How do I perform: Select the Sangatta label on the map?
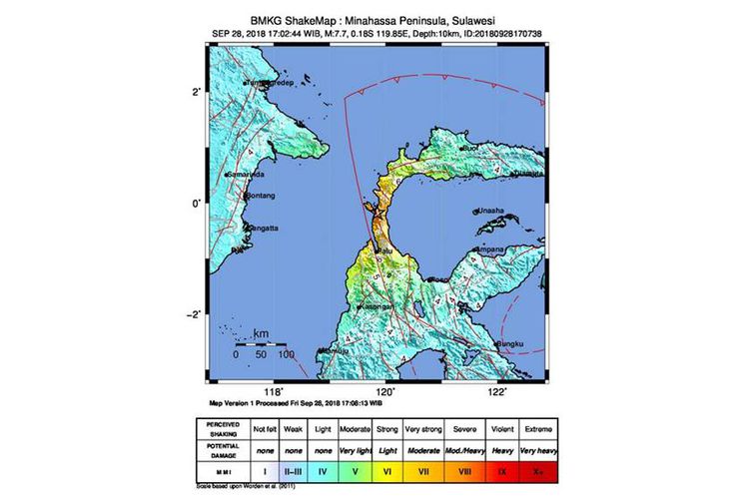(x=259, y=228)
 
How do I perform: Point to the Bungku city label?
(x=510, y=344)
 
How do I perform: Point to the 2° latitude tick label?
(x=198, y=92)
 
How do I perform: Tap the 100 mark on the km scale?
(x=285, y=354)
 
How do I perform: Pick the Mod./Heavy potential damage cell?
(x=465, y=450)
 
